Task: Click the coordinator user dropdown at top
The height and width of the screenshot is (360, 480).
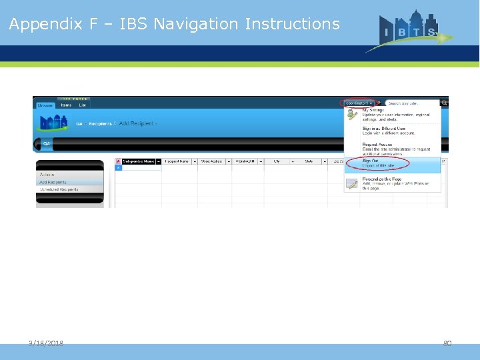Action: [x=359, y=103]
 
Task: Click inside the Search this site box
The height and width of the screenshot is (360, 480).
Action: [x=412, y=103]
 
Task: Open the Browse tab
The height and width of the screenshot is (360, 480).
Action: [x=45, y=105]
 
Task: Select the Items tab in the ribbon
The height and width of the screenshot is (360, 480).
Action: [x=66, y=105]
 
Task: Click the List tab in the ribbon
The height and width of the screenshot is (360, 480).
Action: [x=82, y=105]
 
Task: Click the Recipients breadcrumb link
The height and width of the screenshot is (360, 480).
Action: [x=101, y=124]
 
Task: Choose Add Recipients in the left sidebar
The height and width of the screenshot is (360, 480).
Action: [x=53, y=182]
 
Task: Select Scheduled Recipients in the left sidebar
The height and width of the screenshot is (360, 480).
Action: [x=59, y=189]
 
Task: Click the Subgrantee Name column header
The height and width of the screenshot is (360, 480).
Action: [x=138, y=161]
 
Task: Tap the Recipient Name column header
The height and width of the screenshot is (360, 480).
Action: [x=177, y=161]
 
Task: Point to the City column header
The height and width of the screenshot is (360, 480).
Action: [x=277, y=161]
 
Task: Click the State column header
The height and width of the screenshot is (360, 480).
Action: [x=309, y=161]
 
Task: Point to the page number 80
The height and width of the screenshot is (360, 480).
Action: [x=447, y=343]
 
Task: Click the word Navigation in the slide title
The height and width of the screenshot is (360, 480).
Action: [x=197, y=24]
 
